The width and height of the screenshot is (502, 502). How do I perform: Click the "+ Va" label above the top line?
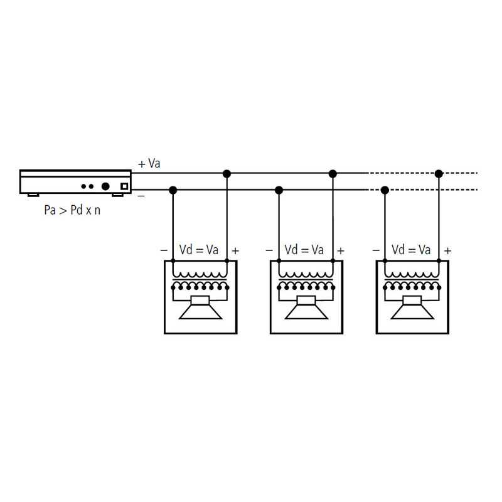click(149, 164)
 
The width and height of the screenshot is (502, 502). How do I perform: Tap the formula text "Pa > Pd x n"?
click(72, 210)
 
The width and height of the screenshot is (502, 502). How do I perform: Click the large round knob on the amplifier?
click(105, 186)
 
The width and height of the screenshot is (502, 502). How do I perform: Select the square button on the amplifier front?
click(124, 186)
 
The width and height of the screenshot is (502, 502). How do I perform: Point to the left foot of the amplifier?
click(33, 195)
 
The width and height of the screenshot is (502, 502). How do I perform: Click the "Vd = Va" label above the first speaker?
click(199, 250)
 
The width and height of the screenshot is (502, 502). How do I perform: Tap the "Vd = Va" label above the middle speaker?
click(304, 250)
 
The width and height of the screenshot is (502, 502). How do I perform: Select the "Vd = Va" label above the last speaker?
click(411, 250)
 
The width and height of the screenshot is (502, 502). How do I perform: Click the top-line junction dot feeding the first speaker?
click(227, 174)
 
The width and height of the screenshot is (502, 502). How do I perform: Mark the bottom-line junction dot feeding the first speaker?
click(173, 191)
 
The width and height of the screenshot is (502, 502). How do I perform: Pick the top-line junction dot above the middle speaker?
click(333, 174)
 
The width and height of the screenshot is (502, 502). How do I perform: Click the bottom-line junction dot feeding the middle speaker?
click(279, 191)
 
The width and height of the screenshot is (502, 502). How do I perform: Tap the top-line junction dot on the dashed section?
click(439, 174)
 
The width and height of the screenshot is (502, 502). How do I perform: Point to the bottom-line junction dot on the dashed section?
click(385, 191)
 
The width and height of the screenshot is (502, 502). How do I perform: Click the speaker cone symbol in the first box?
click(200, 308)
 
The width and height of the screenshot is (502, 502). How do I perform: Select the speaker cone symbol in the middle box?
click(306, 308)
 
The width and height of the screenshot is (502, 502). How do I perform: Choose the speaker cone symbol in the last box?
click(412, 308)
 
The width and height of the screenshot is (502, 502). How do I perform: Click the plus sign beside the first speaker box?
click(235, 250)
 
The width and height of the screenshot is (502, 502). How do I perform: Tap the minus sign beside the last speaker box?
click(376, 250)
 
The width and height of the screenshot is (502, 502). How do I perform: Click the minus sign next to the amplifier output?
click(141, 195)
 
